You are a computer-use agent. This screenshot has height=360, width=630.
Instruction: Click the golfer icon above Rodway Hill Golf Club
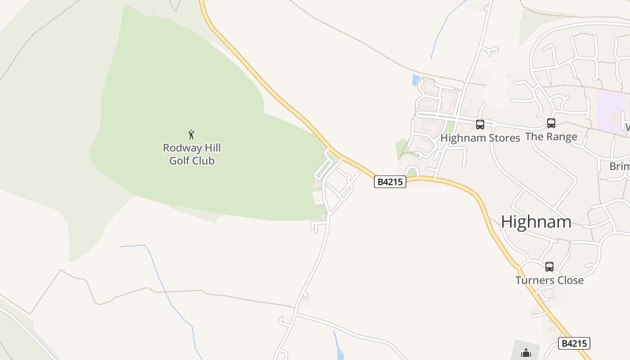[191, 134]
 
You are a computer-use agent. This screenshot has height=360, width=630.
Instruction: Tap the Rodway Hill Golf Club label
[192, 154]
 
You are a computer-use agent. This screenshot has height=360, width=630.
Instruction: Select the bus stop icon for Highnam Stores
[480, 125]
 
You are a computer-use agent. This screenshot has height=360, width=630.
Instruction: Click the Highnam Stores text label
[480, 138]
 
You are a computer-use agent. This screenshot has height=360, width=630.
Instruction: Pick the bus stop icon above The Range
[551, 123]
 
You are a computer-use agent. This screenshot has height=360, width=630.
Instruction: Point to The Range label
[551, 136]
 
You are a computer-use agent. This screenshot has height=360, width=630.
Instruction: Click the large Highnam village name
[536, 222]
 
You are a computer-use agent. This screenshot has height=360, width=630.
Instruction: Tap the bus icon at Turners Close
[549, 266]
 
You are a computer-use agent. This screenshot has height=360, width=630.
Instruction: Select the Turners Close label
[549, 280]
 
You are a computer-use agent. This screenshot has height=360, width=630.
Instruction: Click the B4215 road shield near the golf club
[390, 182]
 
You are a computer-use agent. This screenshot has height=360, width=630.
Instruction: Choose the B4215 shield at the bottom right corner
[574, 343]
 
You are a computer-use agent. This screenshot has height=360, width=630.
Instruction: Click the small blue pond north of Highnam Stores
[416, 80]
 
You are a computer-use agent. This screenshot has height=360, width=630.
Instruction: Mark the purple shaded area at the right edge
[611, 111]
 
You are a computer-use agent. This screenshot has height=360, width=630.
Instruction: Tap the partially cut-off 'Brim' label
[620, 166]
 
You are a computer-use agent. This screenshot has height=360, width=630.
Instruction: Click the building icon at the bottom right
[526, 353]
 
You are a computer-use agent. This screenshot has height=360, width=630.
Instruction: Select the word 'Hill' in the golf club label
[211, 148]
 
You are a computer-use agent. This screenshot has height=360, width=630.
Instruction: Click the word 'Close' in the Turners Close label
[568, 280]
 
